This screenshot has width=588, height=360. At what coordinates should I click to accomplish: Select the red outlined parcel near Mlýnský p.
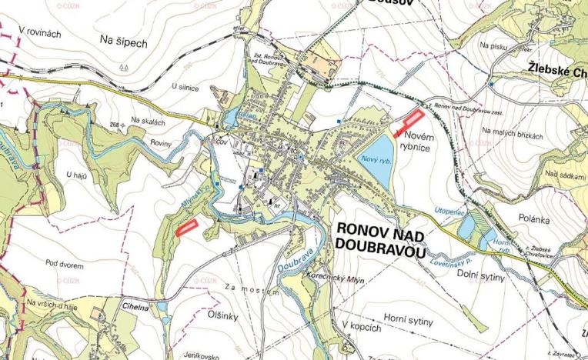point(186,228)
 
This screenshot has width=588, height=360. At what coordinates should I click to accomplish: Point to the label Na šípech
point(123,43)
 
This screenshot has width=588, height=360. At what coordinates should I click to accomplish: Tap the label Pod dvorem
point(65,265)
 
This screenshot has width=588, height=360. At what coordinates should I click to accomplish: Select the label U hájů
point(79,175)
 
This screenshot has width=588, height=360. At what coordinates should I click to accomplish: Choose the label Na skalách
point(147,121)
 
